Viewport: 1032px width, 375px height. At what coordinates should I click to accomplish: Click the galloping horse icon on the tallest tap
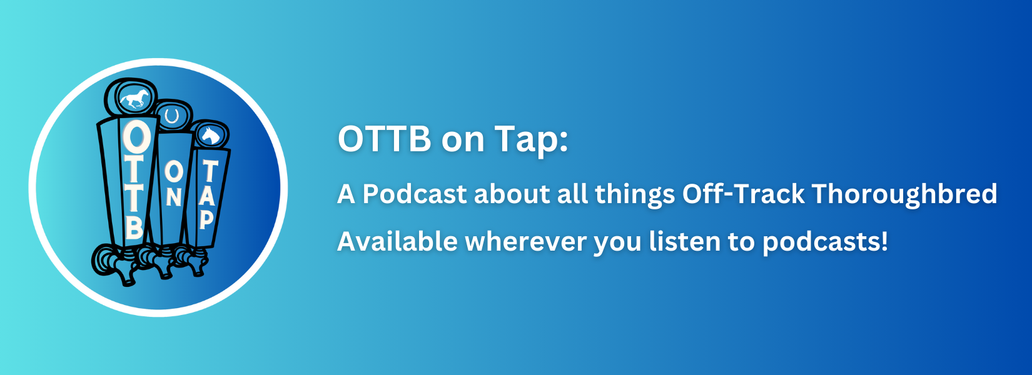point(134,98)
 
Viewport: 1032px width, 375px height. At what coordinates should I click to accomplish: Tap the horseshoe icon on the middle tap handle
point(172,116)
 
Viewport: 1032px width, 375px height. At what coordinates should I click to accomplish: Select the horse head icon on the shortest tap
point(211,136)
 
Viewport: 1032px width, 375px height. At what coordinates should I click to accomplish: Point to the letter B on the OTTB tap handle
point(134,226)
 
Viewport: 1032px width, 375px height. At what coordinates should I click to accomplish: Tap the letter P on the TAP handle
point(206,219)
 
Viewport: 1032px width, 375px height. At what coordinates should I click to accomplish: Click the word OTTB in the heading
point(385,138)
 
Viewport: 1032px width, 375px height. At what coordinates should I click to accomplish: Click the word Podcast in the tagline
point(415,194)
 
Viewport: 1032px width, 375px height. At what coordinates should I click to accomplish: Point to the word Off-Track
point(744,193)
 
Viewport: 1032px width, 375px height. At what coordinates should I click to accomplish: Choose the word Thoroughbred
point(905,194)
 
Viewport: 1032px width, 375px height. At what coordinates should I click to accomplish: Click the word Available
point(397,241)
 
